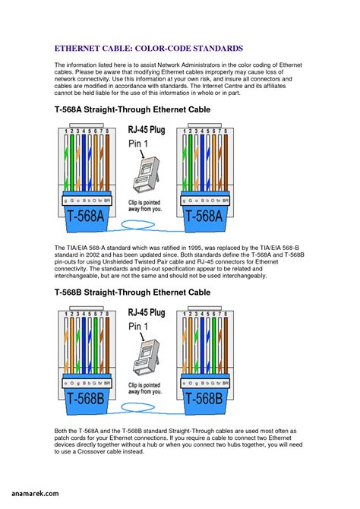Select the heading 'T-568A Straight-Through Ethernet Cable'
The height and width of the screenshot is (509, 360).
[x=132, y=110]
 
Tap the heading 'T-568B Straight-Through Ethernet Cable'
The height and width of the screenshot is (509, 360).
[x=132, y=292]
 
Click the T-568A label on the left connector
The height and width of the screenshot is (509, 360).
[x=85, y=215]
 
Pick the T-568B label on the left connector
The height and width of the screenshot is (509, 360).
[x=85, y=397]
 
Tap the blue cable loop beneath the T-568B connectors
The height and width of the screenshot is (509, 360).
[x=144, y=410]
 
